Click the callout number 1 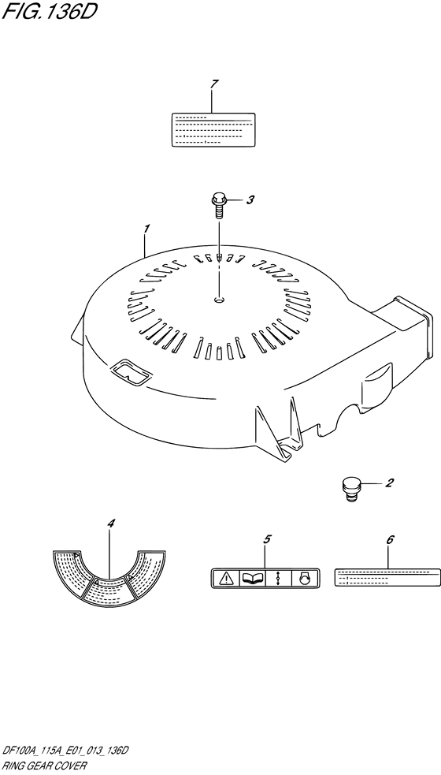click(x=146, y=229)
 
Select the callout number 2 click(x=389, y=483)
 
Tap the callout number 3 click(x=250, y=200)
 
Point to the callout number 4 click(x=111, y=523)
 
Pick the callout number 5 click(x=267, y=539)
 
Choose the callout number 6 click(x=389, y=540)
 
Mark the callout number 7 click(x=213, y=84)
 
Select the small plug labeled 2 click(x=350, y=489)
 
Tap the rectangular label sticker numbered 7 click(x=213, y=129)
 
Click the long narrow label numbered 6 click(x=387, y=577)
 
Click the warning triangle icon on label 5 click(x=226, y=578)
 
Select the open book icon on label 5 click(x=252, y=578)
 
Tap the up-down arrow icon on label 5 click(x=279, y=578)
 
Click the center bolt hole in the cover click(x=219, y=299)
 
